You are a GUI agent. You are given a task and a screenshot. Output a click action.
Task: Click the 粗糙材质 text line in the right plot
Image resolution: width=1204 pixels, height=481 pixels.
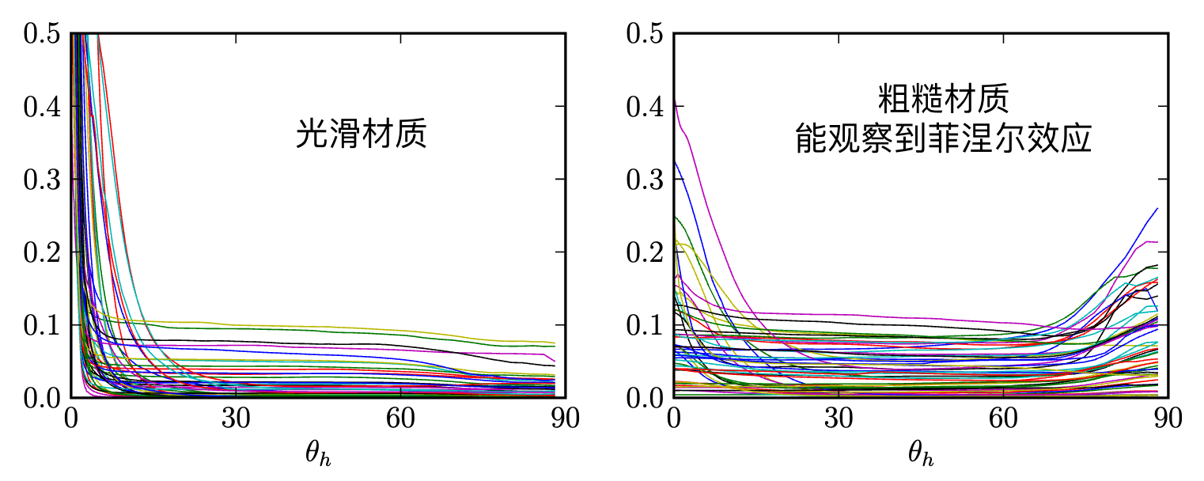943,101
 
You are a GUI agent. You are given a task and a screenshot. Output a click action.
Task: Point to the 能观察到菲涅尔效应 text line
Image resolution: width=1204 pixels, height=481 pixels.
943,139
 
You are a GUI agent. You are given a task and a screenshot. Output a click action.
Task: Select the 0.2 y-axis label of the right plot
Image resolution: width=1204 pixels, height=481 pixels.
644,252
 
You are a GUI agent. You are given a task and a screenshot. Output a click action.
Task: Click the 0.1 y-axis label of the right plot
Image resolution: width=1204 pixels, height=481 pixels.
644,324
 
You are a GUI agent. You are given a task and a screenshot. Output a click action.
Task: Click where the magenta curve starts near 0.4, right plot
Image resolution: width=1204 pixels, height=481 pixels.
676,105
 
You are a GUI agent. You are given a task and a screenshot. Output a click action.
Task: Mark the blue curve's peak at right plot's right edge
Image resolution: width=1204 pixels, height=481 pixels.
1157,208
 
